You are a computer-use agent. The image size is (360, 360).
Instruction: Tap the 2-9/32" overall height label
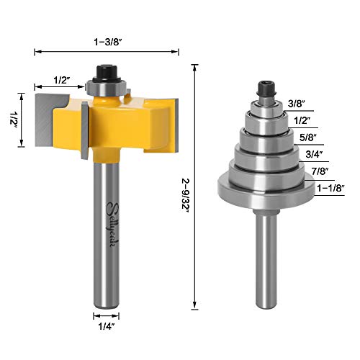(186, 195)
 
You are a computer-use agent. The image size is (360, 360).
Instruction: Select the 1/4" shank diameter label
(107, 326)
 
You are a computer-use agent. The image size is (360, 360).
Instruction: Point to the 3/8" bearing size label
(296, 104)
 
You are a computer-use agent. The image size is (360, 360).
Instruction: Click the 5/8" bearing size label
(308, 138)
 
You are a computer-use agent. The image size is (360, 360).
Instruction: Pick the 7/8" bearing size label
(320, 171)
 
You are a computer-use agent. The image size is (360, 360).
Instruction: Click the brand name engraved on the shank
(112, 225)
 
